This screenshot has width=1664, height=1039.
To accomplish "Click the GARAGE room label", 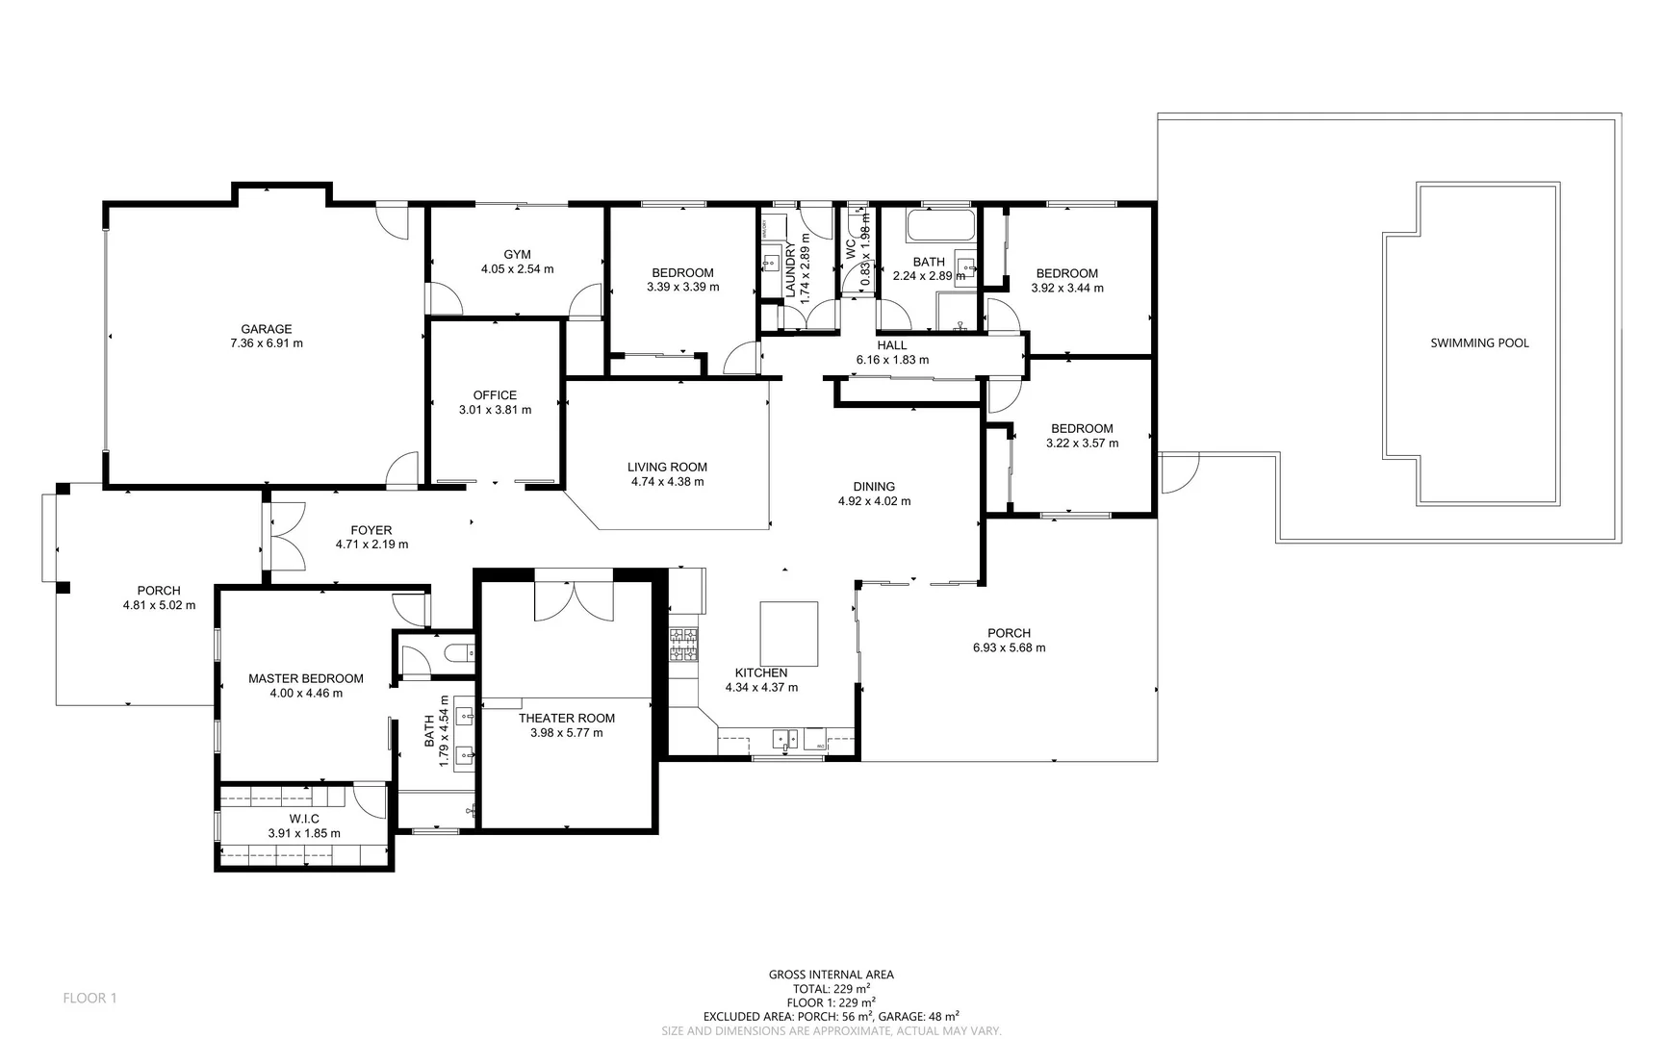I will click(x=266, y=329).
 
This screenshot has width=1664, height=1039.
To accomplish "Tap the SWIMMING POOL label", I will click(x=1479, y=342).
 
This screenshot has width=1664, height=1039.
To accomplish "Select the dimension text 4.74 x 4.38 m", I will click(x=667, y=482).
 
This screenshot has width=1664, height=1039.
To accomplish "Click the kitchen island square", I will click(x=789, y=634).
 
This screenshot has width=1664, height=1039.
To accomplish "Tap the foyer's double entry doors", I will click(x=285, y=543).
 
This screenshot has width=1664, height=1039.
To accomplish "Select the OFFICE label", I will click(x=495, y=395).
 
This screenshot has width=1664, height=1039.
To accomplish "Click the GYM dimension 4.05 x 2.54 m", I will click(x=517, y=269).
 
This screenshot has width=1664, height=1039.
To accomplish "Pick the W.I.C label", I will click(x=304, y=819).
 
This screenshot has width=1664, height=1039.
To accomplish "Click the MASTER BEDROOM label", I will click(x=306, y=678).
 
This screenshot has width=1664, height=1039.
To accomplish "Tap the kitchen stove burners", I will click(x=683, y=645).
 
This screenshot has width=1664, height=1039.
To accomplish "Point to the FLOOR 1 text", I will click(x=90, y=998).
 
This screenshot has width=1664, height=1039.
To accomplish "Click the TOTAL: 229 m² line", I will click(x=832, y=988).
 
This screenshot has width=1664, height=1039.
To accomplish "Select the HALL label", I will click(x=891, y=345).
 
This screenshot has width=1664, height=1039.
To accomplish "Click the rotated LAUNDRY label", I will click(x=790, y=270).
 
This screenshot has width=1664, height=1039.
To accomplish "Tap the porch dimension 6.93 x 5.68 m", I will click(x=1009, y=647).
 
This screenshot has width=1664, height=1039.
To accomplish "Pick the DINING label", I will click(x=874, y=487).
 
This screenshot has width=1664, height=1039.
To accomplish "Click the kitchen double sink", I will click(x=786, y=739).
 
